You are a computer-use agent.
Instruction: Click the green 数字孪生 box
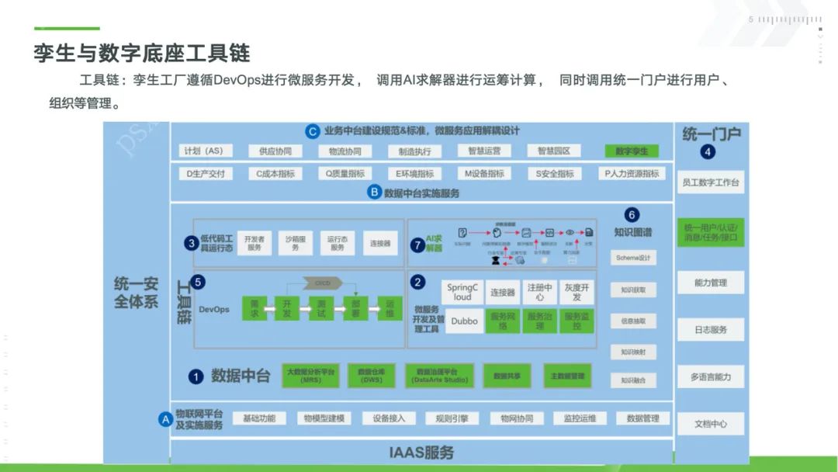(631, 151)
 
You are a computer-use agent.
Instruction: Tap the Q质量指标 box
(345, 174)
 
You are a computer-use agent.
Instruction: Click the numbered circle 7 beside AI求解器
(417, 244)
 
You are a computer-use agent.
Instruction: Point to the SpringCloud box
(462, 292)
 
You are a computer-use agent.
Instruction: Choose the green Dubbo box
(464, 321)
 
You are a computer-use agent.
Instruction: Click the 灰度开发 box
(577, 292)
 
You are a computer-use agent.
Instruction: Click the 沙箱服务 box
(296, 243)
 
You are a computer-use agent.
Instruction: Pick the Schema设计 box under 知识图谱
(633, 258)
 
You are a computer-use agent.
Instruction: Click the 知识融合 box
(633, 380)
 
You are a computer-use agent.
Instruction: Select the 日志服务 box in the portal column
(710, 330)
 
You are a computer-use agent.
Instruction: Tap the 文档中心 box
(710, 424)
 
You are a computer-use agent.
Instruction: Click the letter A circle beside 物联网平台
(164, 419)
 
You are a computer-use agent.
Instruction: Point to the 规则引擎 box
(452, 418)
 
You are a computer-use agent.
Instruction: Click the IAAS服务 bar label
(421, 452)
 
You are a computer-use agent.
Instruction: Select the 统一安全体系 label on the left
(136, 293)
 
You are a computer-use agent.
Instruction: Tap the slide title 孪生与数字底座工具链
(141, 53)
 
